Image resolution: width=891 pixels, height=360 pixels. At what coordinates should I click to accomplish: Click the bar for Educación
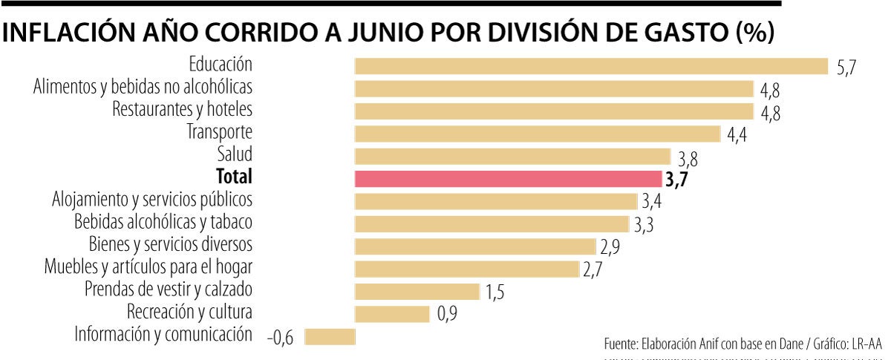[x=591, y=66]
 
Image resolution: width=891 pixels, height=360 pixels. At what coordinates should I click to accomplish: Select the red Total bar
[x=508, y=179]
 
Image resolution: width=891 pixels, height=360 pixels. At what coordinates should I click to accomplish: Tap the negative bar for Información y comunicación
[x=330, y=337]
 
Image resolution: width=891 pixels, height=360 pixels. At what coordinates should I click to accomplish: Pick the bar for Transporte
[x=538, y=134]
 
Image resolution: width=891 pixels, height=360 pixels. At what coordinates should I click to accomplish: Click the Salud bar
[x=513, y=157]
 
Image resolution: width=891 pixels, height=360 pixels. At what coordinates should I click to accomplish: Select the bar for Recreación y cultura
[x=392, y=314]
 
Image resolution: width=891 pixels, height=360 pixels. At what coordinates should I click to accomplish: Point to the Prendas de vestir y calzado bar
[x=417, y=292]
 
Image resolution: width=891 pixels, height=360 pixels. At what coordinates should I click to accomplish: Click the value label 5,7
[x=846, y=68]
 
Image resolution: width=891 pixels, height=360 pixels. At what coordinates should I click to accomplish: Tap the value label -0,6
[x=280, y=338]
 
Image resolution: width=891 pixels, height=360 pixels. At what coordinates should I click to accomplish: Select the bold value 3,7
[x=676, y=180]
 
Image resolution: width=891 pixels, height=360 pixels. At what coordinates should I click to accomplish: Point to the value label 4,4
[x=737, y=136]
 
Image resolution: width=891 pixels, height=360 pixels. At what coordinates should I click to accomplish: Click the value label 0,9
[x=446, y=315]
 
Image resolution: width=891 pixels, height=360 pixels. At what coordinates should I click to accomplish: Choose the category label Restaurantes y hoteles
[x=183, y=109]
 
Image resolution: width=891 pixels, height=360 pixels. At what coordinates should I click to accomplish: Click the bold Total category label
[x=234, y=177]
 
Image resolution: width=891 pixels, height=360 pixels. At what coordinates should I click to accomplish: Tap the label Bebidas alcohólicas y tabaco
[x=163, y=221]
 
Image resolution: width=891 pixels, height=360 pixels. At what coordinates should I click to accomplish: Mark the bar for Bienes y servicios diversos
[x=475, y=246]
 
